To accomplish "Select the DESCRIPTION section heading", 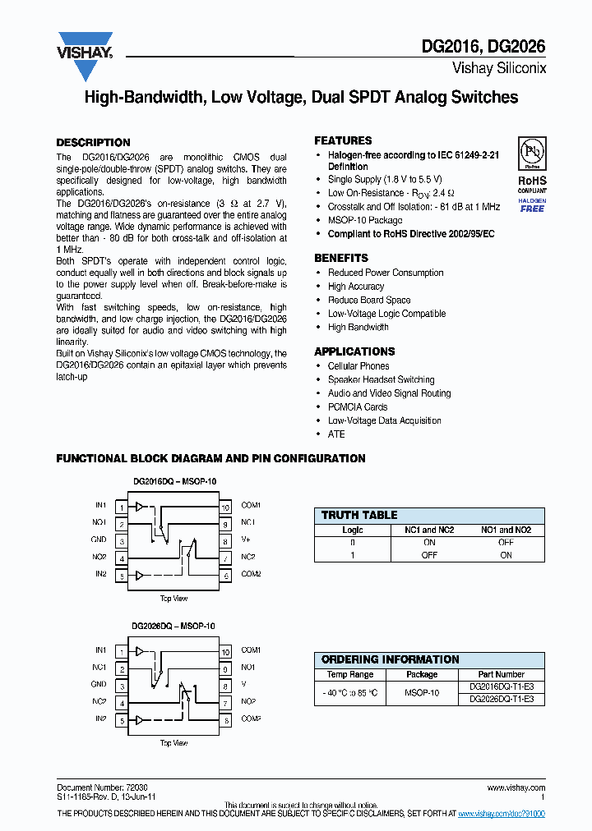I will [93, 142].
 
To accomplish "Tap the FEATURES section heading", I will [343, 140].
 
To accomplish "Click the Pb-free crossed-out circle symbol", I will [531, 153].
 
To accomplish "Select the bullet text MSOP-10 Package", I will [365, 220].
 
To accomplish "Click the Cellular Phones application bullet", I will [358, 366].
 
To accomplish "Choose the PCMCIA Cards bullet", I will [358, 406].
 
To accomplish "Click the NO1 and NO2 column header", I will [506, 530].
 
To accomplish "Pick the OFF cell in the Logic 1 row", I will [429, 555].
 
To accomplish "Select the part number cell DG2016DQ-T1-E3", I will [501, 686].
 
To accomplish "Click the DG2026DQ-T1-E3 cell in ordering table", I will [501, 699].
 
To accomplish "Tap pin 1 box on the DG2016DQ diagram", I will [120, 507].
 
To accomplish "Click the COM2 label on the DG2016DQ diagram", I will [251, 574].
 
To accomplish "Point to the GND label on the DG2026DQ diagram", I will [99, 684].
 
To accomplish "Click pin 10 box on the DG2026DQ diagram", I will [224, 651].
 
